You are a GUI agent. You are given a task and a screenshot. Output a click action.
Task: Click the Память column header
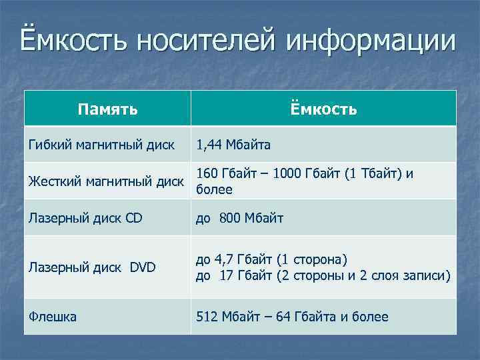(x=107, y=109)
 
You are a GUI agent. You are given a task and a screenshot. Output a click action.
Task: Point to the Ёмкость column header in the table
(x=324, y=109)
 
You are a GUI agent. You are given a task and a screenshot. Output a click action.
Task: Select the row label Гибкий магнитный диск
(x=101, y=144)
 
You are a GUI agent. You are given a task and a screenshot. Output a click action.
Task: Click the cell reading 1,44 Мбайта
(x=233, y=144)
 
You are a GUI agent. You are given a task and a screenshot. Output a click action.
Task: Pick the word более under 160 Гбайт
(x=214, y=189)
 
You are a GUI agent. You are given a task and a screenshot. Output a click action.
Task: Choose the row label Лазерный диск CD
(x=85, y=218)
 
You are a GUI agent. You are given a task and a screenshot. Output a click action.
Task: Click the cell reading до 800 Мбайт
(x=239, y=218)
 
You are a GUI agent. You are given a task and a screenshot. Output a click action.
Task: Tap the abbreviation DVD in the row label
(x=142, y=268)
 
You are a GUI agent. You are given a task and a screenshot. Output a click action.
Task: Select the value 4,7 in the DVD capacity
(x=223, y=260)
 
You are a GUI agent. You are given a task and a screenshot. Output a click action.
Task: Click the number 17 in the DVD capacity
(x=227, y=275)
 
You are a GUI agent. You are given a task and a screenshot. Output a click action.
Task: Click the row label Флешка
(x=52, y=317)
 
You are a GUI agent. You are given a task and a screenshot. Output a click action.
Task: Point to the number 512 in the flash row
(x=207, y=317)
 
